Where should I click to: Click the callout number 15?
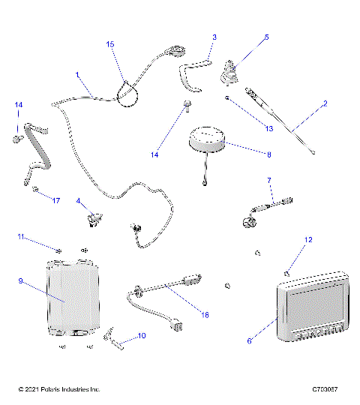[x=110, y=45]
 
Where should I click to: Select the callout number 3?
[x=214, y=37]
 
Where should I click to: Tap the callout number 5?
[x=266, y=37]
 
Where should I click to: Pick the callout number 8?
[x=268, y=154]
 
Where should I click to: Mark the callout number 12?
[x=307, y=240]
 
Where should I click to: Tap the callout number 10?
[x=142, y=336]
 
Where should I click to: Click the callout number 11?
[x=22, y=237]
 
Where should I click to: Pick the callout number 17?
[x=55, y=200]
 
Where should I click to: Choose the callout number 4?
[x=78, y=201]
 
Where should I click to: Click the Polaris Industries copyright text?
[x=58, y=390]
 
